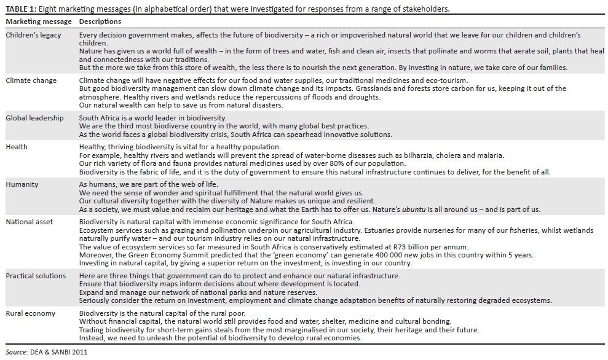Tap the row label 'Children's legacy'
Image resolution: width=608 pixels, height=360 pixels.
coord(33,35)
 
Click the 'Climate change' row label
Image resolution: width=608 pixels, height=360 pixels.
coord(31,80)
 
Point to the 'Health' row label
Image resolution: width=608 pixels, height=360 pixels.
coord(17,147)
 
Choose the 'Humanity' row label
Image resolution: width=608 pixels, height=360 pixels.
coord(22,184)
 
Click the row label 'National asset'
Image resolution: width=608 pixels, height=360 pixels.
coord(30,222)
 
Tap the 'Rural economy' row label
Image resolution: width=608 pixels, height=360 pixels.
coord(30,313)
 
